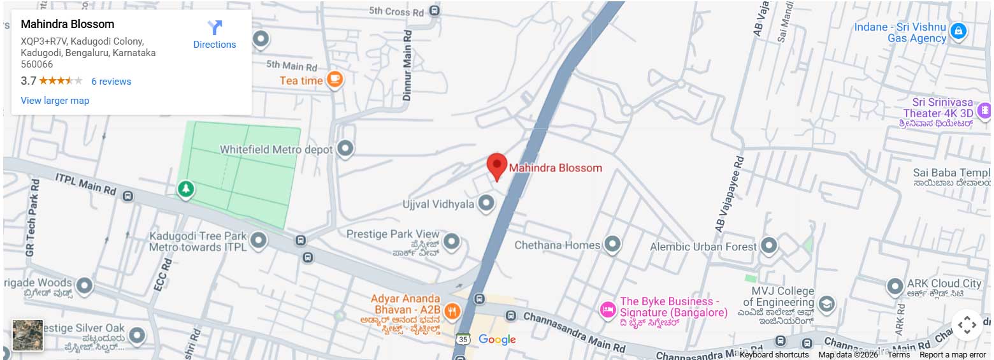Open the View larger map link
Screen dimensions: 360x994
pyautogui.click(x=55, y=101)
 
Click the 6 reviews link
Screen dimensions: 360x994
pyautogui.click(x=111, y=82)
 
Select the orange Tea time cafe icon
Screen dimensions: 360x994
pyautogui.click(x=335, y=80)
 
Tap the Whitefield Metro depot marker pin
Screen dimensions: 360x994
pyautogui.click(x=345, y=148)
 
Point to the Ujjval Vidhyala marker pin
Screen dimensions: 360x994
pyautogui.click(x=486, y=203)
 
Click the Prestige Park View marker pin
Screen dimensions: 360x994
pyautogui.click(x=451, y=241)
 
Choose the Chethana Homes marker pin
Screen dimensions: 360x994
pyautogui.click(x=612, y=244)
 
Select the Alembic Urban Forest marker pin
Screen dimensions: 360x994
pyautogui.click(x=769, y=245)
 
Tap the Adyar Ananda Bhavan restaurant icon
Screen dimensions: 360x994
pyautogui.click(x=452, y=310)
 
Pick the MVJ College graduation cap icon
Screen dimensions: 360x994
pyautogui.click(x=826, y=303)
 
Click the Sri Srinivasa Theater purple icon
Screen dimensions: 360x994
pyautogui.click(x=984, y=110)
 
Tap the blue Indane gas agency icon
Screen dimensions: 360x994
pyautogui.click(x=958, y=30)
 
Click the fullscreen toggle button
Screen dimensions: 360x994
pyautogui.click(x=967, y=325)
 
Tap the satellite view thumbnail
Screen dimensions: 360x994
pyautogui.click(x=27, y=335)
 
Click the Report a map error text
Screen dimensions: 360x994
pyautogui.click(x=953, y=355)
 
